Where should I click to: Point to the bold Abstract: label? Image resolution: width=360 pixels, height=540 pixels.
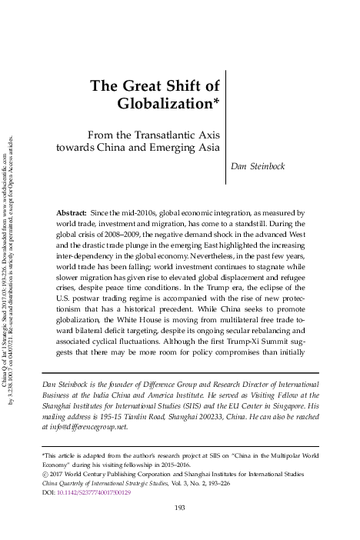(x=72, y=211)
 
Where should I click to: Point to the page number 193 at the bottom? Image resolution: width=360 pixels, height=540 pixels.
(x=180, y=528)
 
